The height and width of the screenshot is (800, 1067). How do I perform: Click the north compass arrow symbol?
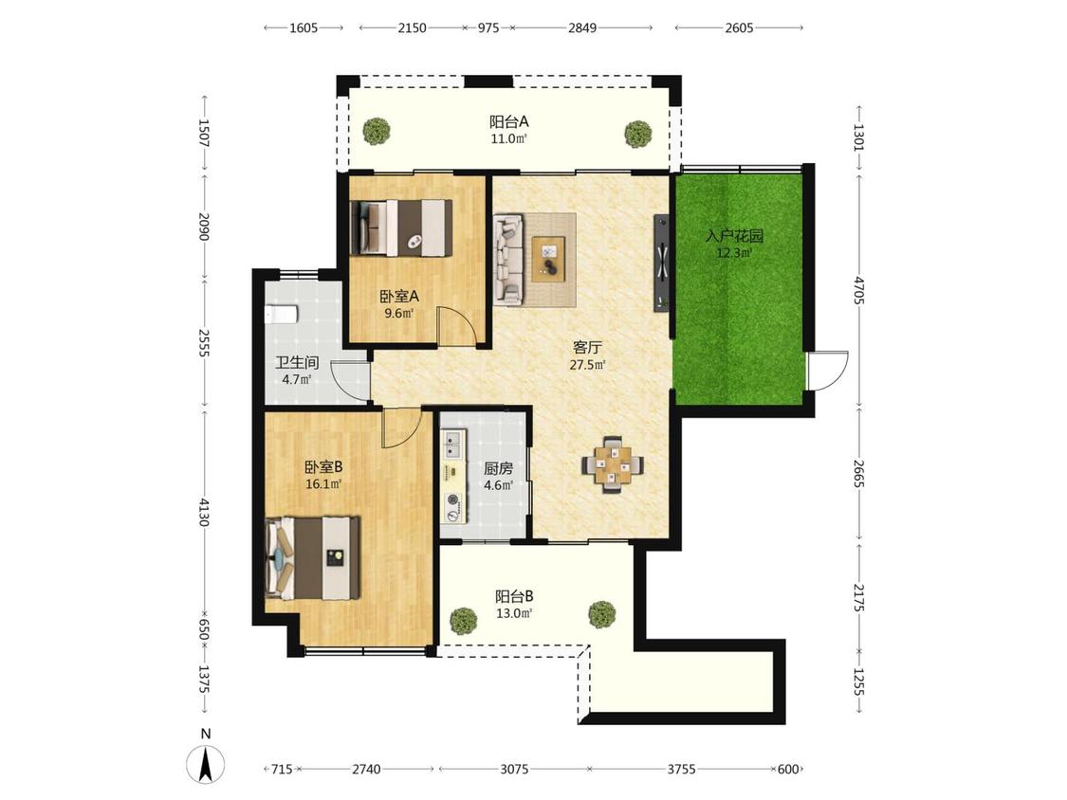[206, 763]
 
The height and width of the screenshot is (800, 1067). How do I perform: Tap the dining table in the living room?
[613, 464]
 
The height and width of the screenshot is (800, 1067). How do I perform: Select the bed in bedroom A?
[401, 227]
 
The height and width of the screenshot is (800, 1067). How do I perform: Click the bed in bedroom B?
[312, 558]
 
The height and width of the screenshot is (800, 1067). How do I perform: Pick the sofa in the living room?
[508, 258]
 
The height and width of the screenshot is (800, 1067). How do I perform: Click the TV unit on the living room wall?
[661, 264]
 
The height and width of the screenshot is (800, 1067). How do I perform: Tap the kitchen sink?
[452, 445]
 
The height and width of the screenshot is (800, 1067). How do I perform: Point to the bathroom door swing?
[351, 380]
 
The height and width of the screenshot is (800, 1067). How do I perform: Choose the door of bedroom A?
[456, 326]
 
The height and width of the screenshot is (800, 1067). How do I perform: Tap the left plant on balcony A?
[376, 131]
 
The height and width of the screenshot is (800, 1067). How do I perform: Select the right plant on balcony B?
[602, 613]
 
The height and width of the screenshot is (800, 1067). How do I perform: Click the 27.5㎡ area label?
[587, 365]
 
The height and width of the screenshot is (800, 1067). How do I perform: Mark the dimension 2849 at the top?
[582, 27]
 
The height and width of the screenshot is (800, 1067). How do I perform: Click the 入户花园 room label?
[734, 236]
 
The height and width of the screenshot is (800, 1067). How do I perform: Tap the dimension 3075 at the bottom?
[514, 770]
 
